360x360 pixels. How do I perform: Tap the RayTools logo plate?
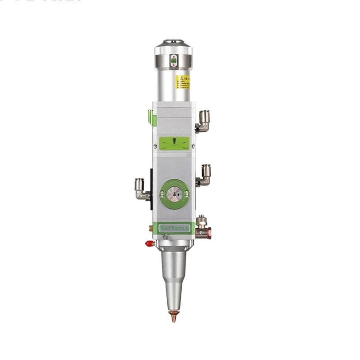175,229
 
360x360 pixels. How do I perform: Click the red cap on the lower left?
148,243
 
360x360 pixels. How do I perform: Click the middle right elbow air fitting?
205,175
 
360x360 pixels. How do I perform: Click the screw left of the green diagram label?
155,145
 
